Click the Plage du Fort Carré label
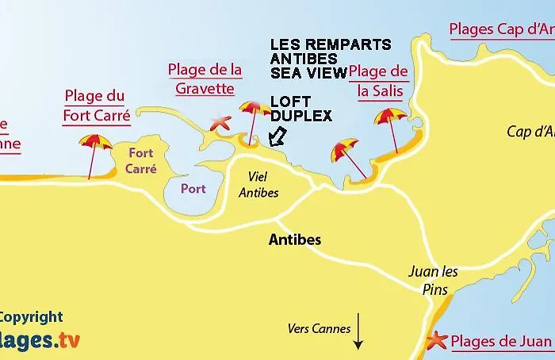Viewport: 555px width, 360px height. pyautogui.click(x=94, y=105)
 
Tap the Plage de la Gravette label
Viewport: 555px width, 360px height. pyautogui.click(x=205, y=79)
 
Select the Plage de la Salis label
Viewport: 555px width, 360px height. pyautogui.click(x=379, y=81)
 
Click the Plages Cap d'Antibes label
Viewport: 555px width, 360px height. pyautogui.click(x=501, y=30)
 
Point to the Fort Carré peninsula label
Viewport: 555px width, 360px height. pyautogui.click(x=140, y=161)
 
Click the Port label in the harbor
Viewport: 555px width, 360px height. pyautogui.click(x=193, y=189)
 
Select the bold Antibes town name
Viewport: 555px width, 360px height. pyautogui.click(x=294, y=239)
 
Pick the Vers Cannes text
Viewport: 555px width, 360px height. pyautogui.click(x=319, y=328)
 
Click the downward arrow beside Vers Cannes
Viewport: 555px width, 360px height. pyautogui.click(x=358, y=331)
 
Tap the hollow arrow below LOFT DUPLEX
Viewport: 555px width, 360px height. pyautogui.click(x=277, y=136)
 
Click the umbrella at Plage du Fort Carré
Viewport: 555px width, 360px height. pyautogui.click(x=95, y=144)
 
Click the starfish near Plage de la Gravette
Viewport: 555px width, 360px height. pyautogui.click(x=220, y=123)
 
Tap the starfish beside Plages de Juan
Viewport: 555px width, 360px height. pyautogui.click(x=437, y=341)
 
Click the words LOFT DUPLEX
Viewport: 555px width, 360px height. pyautogui.click(x=300, y=109)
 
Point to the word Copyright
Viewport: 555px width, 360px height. pyautogui.click(x=30, y=317)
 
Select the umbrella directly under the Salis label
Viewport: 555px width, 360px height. pyautogui.click(x=390, y=118)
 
